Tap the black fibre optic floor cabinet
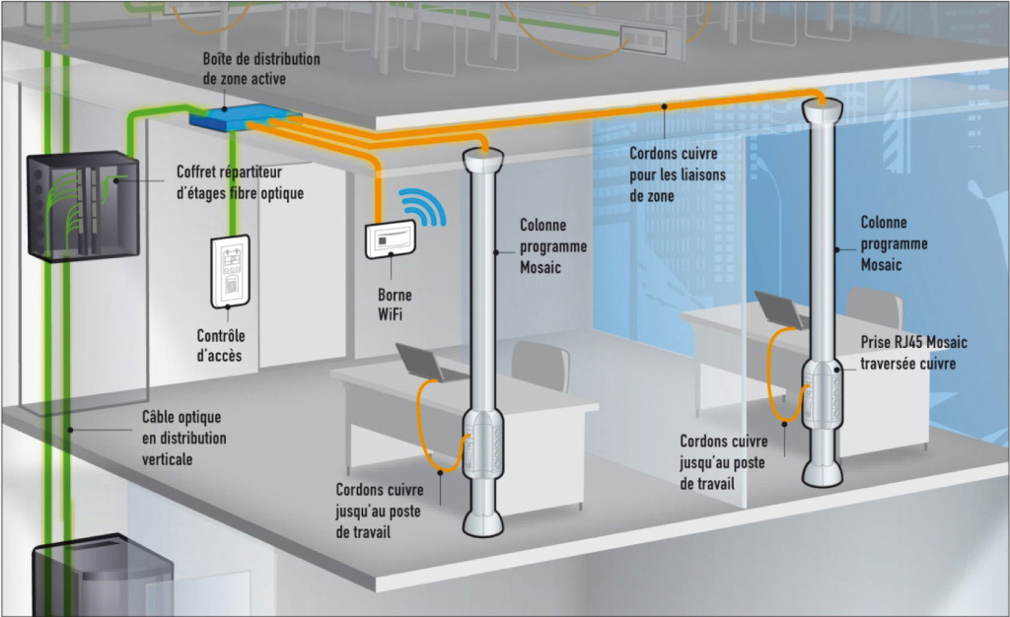pyautogui.click(x=82, y=204)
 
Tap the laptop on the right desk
pyautogui.click(x=779, y=311)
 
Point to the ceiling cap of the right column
pyautogui.click(x=823, y=105)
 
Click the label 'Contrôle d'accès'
pyautogui.click(x=220, y=345)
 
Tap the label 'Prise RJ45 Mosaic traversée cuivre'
pyautogui.click(x=913, y=353)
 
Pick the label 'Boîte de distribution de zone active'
pyautogui.click(x=260, y=68)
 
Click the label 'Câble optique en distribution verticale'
pyautogui.click(x=183, y=438)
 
